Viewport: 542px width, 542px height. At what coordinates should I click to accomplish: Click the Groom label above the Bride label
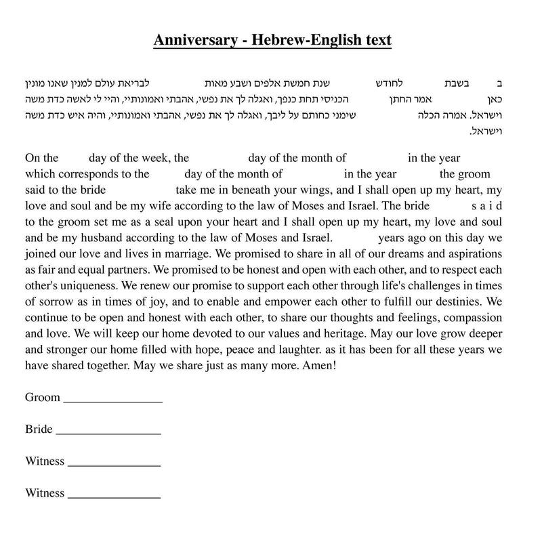coord(43,398)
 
